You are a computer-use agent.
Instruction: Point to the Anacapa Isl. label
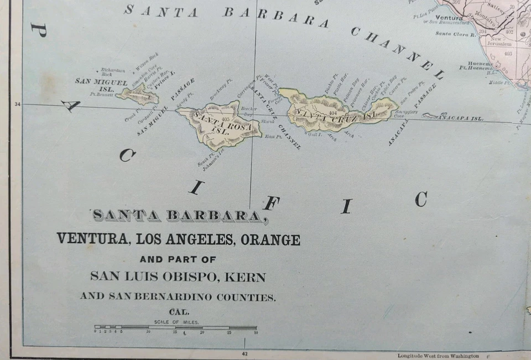(x=461, y=118)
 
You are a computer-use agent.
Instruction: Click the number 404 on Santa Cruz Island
(x=332, y=112)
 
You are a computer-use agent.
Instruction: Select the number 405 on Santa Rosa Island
(x=225, y=119)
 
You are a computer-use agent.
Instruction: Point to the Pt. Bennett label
(x=101, y=95)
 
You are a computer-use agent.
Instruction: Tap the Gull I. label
(x=315, y=133)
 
